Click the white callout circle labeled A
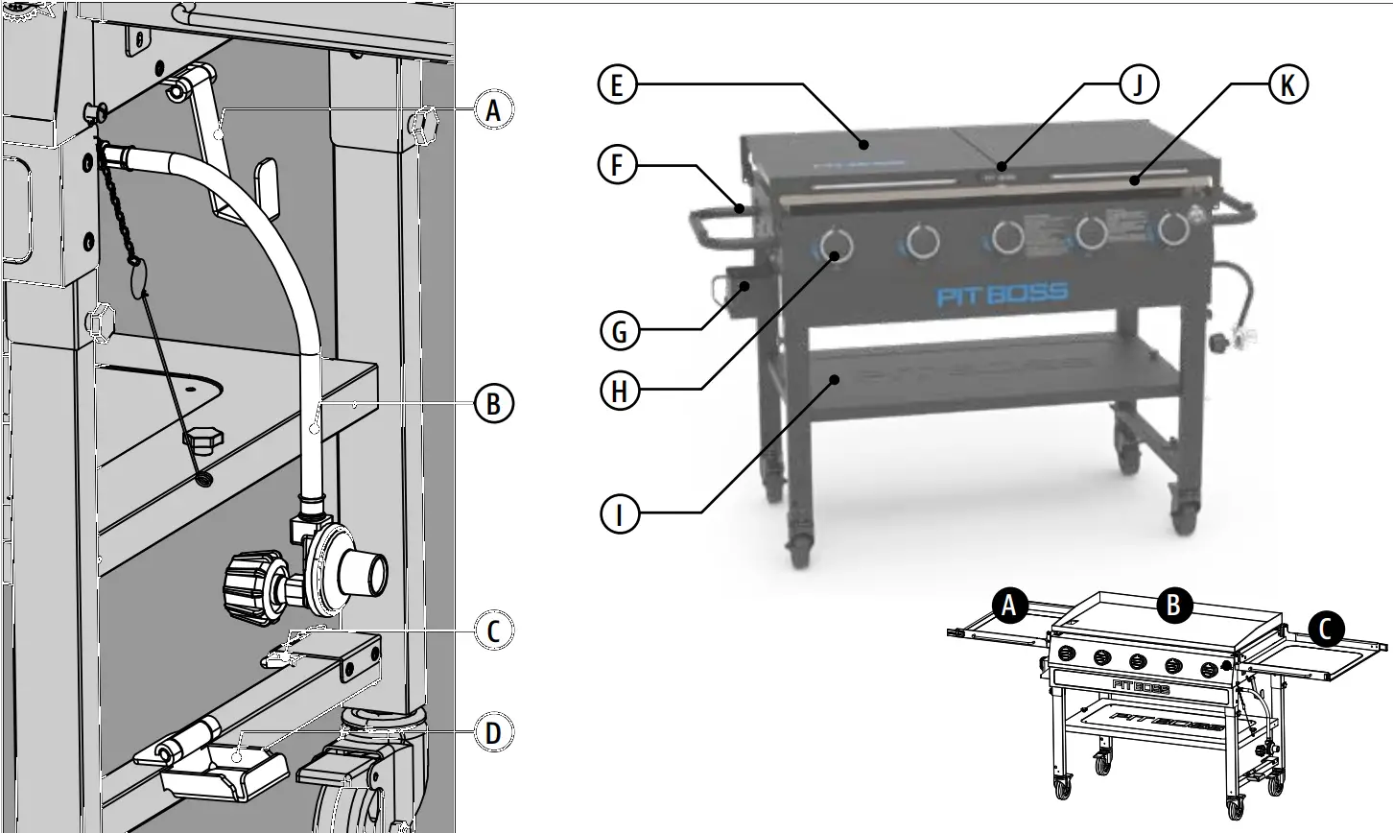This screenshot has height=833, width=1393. (x=493, y=111)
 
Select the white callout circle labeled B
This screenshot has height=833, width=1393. (x=493, y=404)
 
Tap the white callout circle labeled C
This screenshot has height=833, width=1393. (x=493, y=631)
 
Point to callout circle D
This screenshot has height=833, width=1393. (x=493, y=734)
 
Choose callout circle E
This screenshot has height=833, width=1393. (x=616, y=84)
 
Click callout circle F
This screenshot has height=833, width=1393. (x=616, y=165)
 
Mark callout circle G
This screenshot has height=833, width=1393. (x=620, y=332)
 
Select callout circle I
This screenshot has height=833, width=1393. (x=620, y=513)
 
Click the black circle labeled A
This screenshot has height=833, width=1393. (x=1008, y=606)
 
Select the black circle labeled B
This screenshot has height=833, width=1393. (x=1174, y=606)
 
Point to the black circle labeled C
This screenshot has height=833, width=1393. (x=1326, y=629)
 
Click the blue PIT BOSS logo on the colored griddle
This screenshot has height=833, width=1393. (x=1002, y=293)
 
